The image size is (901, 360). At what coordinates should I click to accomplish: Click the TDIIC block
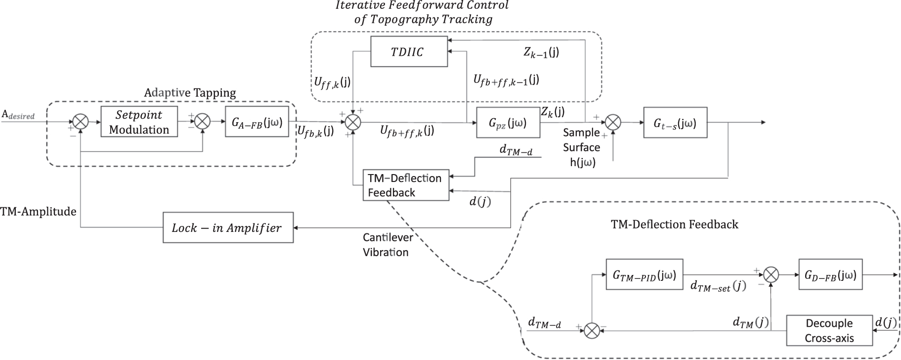[409, 51]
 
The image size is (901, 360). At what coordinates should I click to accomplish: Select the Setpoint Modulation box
[139, 122]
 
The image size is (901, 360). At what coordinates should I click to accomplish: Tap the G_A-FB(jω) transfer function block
[257, 122]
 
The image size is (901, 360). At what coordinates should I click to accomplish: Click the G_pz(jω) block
[508, 123]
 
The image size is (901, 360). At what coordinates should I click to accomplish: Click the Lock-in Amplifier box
[228, 227]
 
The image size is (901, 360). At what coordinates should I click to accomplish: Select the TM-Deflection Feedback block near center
[405, 185]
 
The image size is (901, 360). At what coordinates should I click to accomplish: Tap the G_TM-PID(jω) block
[644, 274]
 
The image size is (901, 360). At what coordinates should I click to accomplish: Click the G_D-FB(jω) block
[830, 274]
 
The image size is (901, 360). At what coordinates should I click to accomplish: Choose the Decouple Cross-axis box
[829, 330]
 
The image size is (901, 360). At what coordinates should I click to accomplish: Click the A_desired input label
[18, 115]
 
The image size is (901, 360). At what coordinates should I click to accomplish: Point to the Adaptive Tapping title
[190, 93]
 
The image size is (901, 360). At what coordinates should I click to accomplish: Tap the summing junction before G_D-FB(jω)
[771, 274]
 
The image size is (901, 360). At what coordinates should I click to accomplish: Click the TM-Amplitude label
[39, 212]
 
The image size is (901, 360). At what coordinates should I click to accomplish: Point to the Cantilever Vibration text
[387, 245]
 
